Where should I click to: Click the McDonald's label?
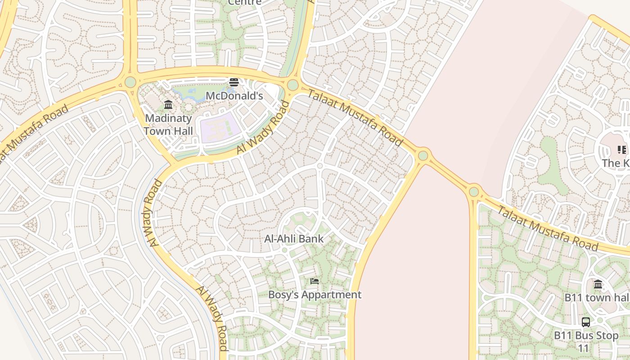[234, 96]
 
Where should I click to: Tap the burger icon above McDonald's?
[234, 82]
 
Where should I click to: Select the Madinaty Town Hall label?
[168, 125]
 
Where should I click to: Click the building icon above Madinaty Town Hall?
[168, 105]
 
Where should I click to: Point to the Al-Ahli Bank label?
[294, 238]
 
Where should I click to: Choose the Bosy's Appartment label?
[315, 295]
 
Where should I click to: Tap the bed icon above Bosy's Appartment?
[315, 281]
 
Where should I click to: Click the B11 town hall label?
[597, 297]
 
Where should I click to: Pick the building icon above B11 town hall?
[598, 284]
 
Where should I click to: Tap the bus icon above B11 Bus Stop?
[586, 322]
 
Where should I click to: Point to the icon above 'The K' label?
[621, 150]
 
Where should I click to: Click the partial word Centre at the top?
[244, 2]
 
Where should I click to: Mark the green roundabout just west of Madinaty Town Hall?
[130, 82]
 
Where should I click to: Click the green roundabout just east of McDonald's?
[293, 85]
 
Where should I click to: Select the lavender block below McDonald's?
[219, 127]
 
